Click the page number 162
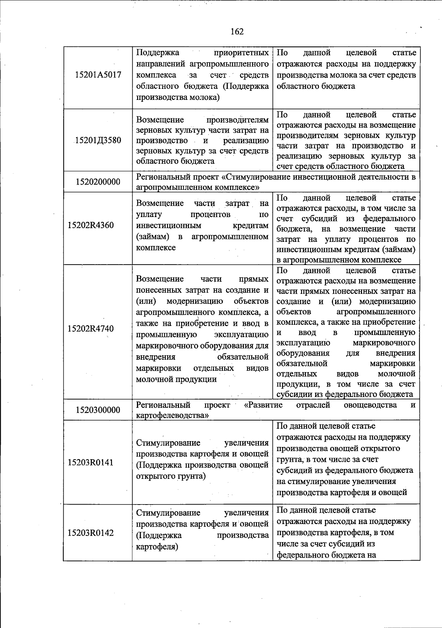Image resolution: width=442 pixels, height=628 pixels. click(237, 32)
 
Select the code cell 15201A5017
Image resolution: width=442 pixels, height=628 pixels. click(98, 75)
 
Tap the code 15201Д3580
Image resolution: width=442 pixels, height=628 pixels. click(98, 140)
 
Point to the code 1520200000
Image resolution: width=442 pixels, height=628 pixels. click(98, 182)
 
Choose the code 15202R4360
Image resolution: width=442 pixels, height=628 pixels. click(91, 225)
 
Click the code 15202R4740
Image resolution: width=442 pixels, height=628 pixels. click(91, 329)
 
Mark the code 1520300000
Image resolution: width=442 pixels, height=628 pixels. click(98, 410)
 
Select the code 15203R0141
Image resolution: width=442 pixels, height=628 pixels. click(91, 463)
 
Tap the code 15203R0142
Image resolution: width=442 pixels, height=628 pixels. click(91, 533)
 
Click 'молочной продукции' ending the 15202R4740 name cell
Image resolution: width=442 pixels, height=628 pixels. click(176, 379)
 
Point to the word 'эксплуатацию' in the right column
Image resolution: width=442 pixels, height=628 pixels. click(303, 343)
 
